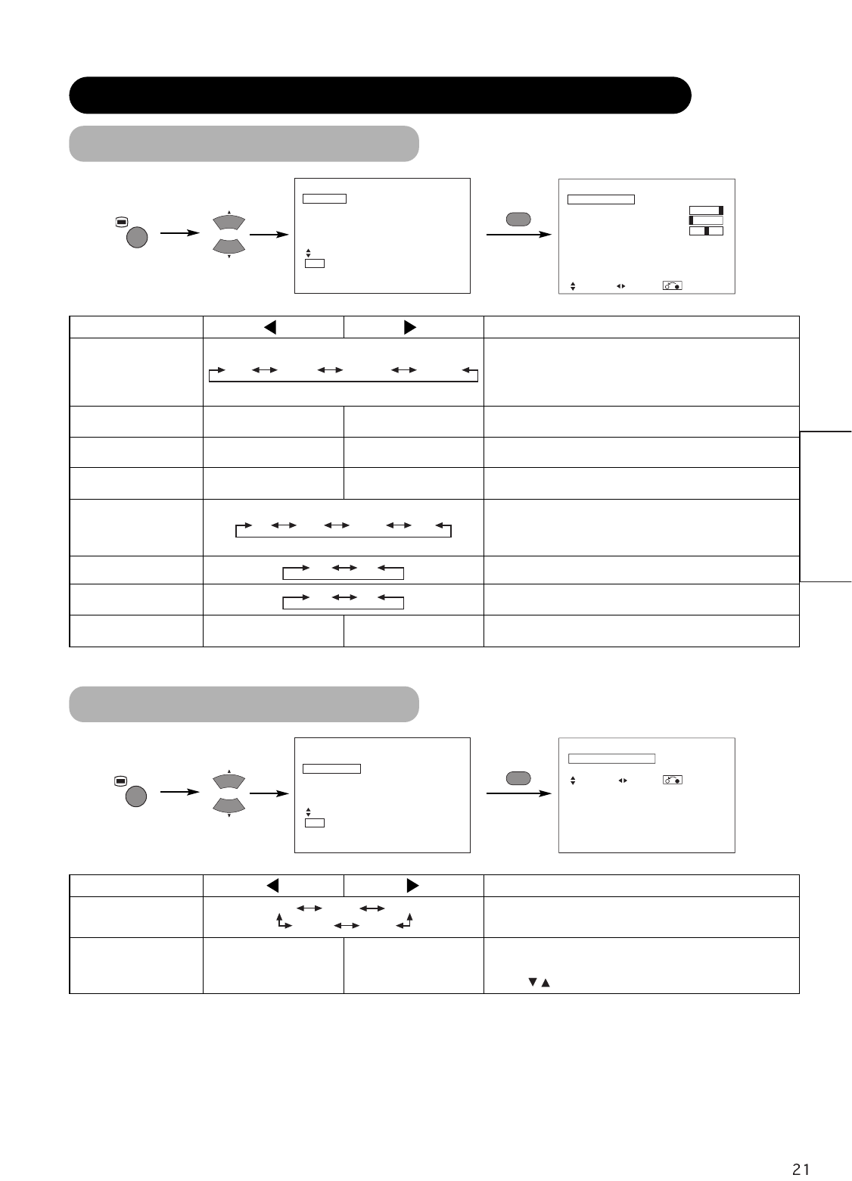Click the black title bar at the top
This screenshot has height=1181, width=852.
[x=380, y=95]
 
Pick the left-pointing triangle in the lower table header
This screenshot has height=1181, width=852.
[x=273, y=885]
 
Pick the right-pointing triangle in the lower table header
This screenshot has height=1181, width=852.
[x=412, y=885]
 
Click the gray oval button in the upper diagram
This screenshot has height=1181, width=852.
[x=517, y=219]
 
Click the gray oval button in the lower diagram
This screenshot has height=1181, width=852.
[x=517, y=777]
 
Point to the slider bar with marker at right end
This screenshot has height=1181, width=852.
[x=706, y=210]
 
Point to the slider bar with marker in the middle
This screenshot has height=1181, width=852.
[x=706, y=230]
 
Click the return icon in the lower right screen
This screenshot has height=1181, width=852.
[x=672, y=779]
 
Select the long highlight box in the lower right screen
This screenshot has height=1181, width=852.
[x=611, y=758]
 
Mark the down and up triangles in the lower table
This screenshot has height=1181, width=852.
[x=539, y=983]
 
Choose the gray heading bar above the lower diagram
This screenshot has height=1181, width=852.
[x=244, y=703]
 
